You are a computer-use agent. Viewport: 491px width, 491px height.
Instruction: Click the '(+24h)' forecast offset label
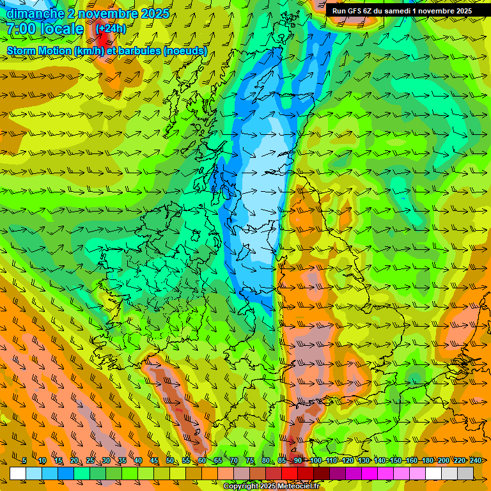(111, 29)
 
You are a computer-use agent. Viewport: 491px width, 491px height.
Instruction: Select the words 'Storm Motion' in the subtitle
(39, 51)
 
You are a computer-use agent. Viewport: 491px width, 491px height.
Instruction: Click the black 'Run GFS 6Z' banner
(402, 10)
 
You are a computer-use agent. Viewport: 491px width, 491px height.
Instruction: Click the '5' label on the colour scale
(24, 461)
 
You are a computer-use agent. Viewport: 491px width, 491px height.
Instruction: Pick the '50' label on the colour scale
(170, 461)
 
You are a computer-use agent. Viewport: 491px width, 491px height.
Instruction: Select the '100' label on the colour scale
(315, 461)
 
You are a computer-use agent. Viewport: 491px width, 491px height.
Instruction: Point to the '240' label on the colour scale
(476, 461)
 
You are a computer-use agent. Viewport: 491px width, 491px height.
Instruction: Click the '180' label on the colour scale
(427, 461)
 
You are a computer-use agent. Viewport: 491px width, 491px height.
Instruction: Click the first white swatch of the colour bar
(18, 473)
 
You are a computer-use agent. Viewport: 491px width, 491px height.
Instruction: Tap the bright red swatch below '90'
(290, 473)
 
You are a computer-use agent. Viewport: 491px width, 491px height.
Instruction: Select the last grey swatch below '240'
(465, 473)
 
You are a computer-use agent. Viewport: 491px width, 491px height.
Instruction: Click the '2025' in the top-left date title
(154, 13)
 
